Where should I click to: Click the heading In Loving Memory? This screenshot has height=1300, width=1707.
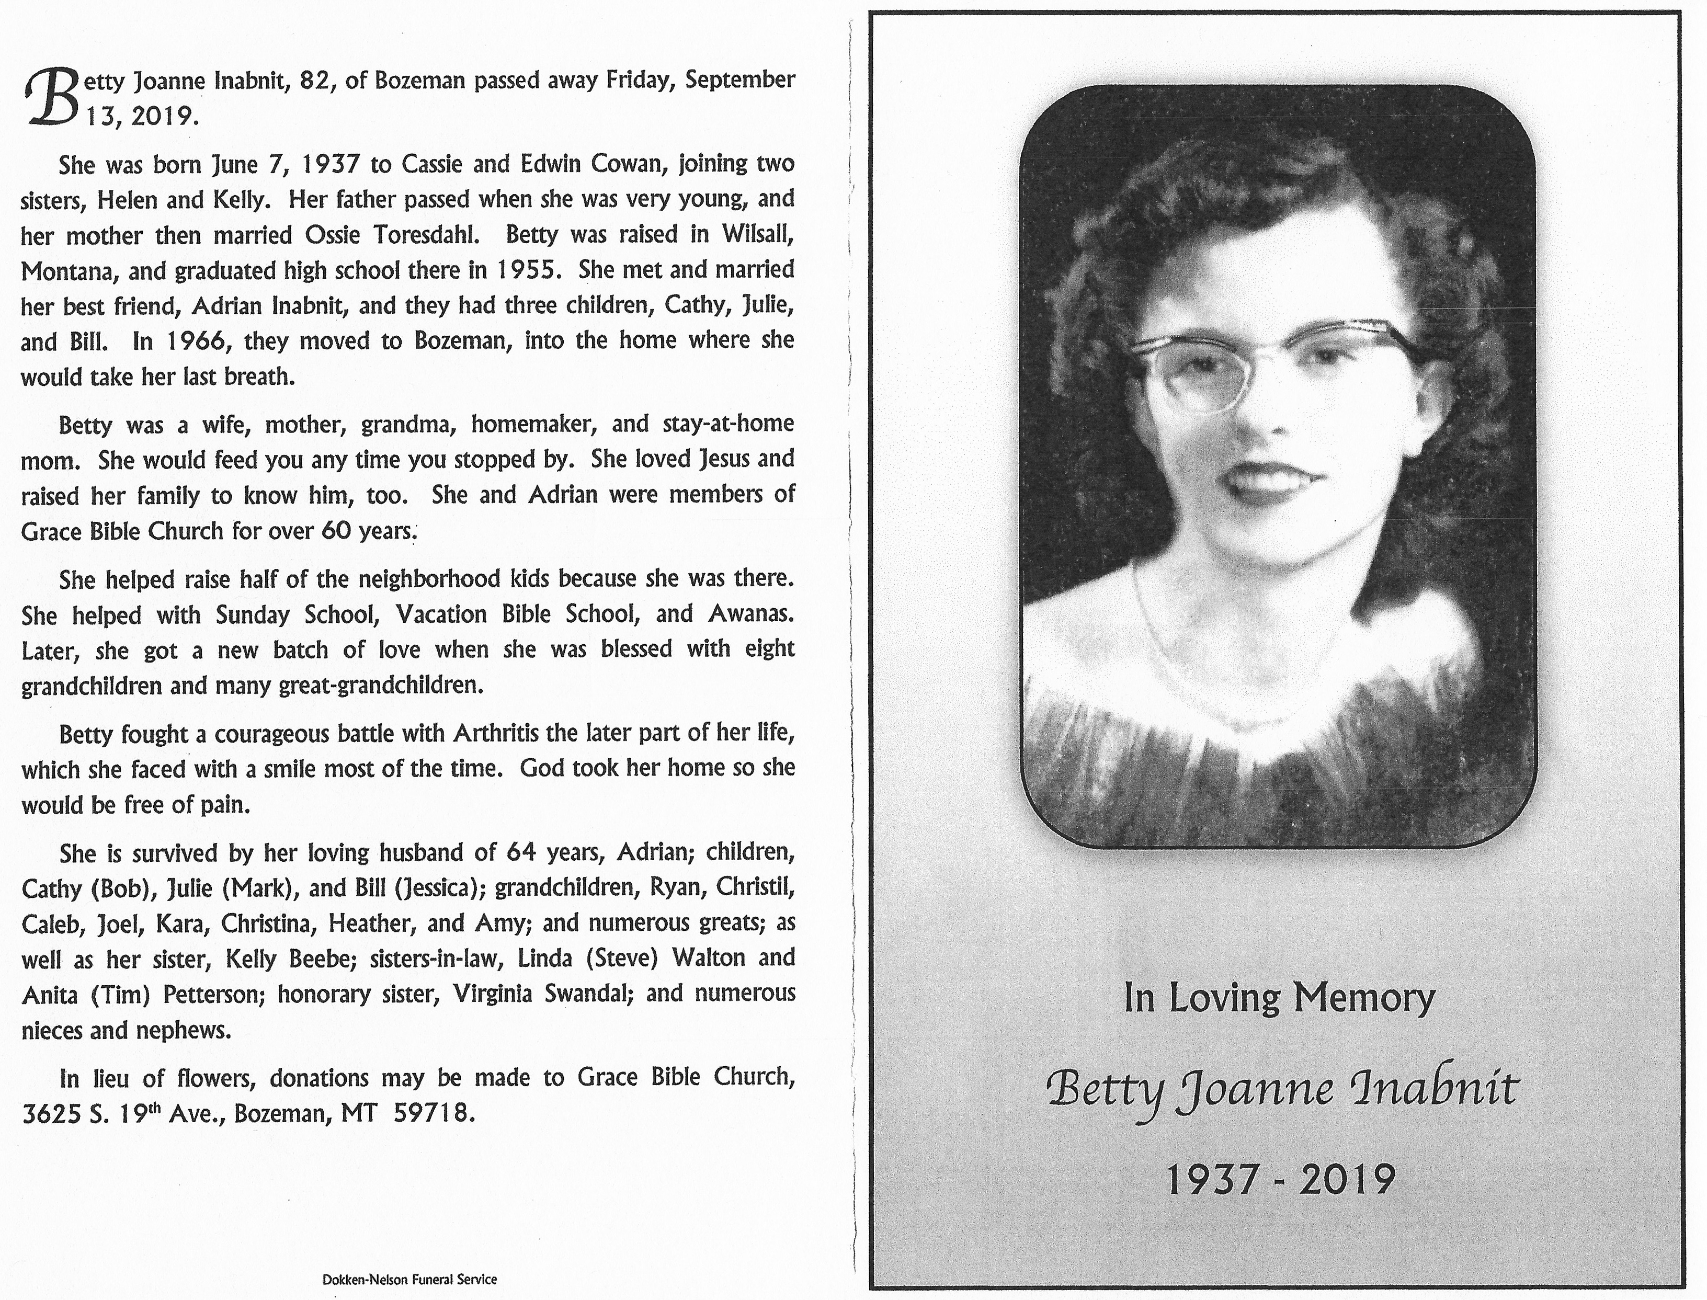click(x=1279, y=998)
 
